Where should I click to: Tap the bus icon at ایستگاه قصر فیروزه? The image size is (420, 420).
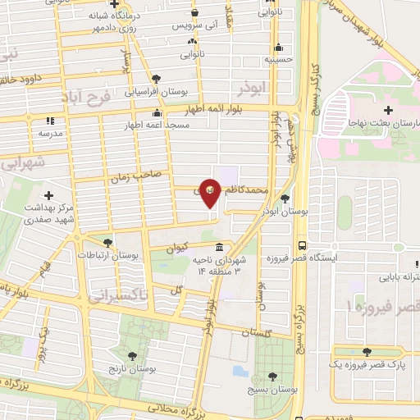(304, 244)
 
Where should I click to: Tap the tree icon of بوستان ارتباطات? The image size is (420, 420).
(107, 242)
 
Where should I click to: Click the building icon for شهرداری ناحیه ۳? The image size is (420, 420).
(219, 247)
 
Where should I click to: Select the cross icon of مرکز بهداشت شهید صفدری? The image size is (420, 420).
(48, 195)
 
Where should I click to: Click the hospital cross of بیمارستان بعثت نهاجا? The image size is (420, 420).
(388, 109)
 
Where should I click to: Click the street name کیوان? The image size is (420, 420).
(177, 247)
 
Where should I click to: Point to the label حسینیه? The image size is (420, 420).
(277, 60)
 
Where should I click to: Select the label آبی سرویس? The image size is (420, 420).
(192, 26)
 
